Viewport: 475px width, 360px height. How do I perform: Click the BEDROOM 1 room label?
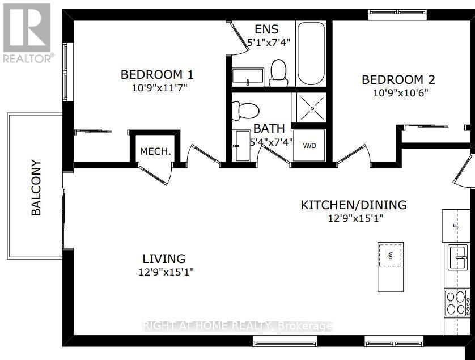[157, 74]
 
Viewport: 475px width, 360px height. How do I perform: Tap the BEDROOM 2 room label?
[398, 80]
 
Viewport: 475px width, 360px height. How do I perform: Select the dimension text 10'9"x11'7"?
[160, 88]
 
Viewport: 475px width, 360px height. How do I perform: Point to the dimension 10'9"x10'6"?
[400, 93]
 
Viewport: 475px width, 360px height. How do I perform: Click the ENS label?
[266, 29]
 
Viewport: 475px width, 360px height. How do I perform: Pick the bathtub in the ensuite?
[311, 54]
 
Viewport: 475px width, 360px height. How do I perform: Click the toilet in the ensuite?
[278, 73]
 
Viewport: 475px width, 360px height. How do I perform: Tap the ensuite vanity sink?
[248, 75]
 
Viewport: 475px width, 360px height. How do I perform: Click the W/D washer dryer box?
[309, 146]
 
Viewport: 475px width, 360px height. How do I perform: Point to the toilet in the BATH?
[245, 111]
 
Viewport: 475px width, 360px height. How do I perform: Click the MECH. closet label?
[155, 151]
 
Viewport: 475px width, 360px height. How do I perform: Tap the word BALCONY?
[36, 188]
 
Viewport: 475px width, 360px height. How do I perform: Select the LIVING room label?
[164, 259]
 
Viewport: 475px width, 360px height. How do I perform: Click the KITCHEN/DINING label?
[354, 205]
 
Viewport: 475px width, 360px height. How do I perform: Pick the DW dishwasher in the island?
[391, 256]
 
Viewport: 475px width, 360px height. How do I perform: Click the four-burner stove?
[456, 303]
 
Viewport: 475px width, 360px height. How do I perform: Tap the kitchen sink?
[457, 258]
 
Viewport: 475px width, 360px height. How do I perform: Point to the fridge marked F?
[456, 226]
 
